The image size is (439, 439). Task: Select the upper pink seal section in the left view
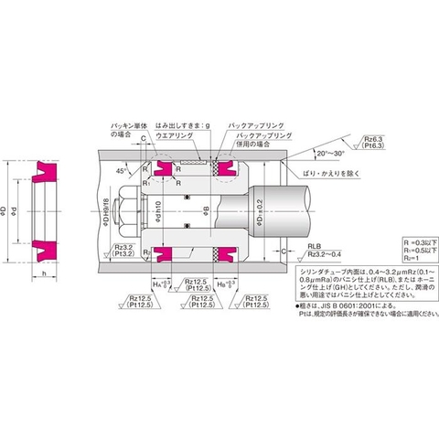point(47,171)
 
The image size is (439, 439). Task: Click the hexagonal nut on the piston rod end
point(127,209)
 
